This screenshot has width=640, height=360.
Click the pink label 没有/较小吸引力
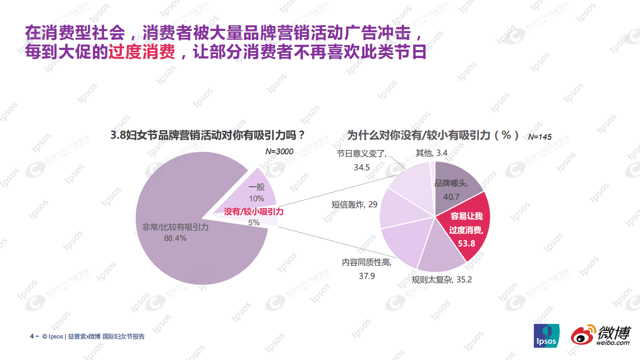coord(254,212)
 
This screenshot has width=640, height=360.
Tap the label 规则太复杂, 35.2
coord(441,280)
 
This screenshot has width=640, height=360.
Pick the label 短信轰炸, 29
coord(354,204)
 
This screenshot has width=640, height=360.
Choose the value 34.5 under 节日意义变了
coord(362,167)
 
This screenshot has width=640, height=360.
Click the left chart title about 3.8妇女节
coord(208,135)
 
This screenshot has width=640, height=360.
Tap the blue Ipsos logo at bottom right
coord(545,335)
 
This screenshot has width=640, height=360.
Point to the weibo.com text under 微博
coord(612,342)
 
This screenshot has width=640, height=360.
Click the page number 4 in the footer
coord(32,336)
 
